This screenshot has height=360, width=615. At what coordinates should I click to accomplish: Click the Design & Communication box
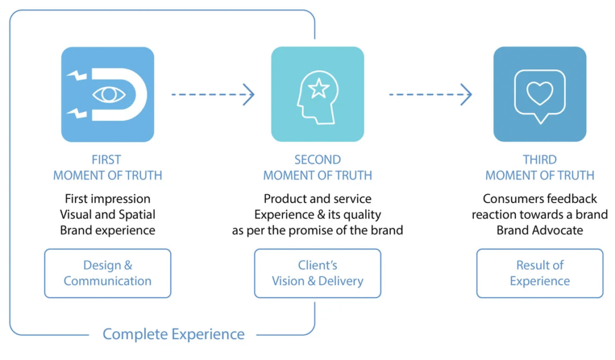pos(108,273)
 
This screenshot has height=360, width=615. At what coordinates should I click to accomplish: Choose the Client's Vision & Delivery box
pos(317,273)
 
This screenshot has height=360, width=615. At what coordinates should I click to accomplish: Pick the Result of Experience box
pos(539,273)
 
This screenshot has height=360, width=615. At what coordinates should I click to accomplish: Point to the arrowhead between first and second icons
pos(248,94)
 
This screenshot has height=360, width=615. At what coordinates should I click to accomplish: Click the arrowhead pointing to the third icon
pos(466,94)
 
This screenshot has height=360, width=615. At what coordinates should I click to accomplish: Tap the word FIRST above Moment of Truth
pos(106,160)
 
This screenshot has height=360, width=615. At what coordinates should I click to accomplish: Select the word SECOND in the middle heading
pos(317,160)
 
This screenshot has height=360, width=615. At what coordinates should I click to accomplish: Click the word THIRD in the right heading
pos(539,160)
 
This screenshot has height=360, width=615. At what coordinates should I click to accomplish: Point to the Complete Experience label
pos(174,334)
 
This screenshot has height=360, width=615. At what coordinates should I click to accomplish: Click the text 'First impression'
pos(108,198)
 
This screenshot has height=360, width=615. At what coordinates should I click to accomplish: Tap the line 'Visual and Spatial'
pos(108,214)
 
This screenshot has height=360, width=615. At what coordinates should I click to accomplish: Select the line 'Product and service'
pos(317,198)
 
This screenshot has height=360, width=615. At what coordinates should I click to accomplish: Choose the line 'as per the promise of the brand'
pos(317,230)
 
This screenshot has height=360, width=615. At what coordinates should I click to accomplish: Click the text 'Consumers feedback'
pos(539,198)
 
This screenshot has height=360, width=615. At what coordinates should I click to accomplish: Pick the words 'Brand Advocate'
pos(539,230)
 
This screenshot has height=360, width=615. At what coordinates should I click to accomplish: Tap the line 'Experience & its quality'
pos(317,214)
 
